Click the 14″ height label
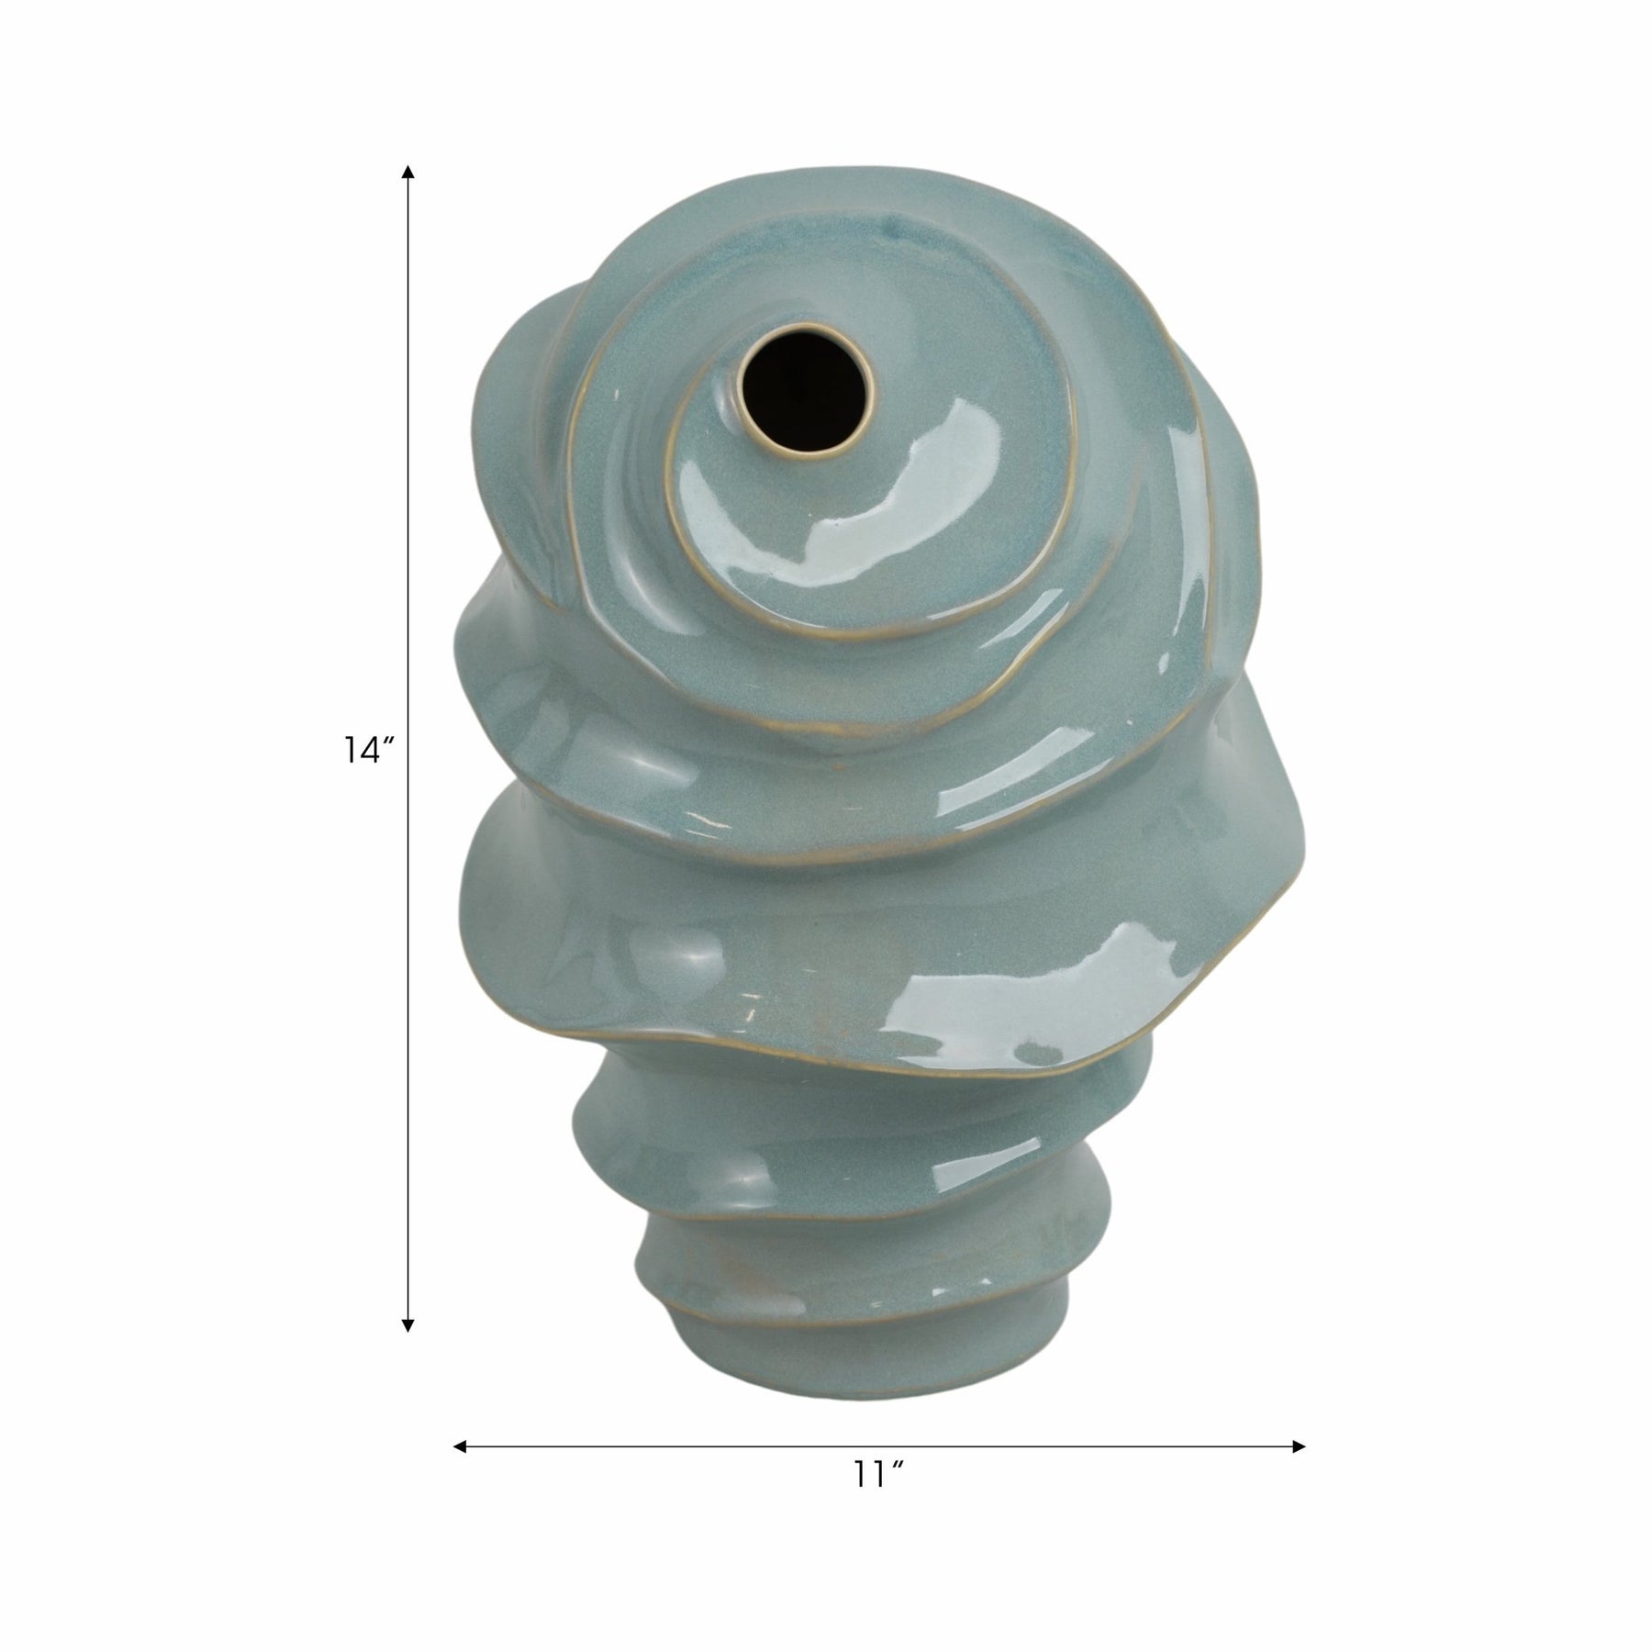click(370, 750)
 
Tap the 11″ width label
click(879, 1501)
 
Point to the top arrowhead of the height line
click(408, 172)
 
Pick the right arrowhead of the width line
click(1299, 1446)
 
